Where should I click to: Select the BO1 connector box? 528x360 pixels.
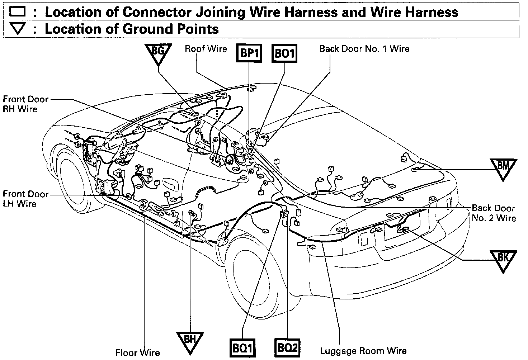284,54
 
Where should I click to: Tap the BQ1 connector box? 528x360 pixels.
242,347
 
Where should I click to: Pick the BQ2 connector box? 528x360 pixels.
288,347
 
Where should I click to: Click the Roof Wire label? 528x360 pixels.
206,49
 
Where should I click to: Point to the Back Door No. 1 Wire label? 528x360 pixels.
364,49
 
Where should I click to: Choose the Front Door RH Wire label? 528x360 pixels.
25,104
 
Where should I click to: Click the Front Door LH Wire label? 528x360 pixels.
25,199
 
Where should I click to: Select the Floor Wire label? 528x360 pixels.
138,353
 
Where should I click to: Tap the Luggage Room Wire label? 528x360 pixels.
363,351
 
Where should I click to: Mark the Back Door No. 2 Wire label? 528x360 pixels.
494,213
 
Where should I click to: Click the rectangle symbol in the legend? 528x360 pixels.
17,12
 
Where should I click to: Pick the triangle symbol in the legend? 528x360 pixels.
17,29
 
